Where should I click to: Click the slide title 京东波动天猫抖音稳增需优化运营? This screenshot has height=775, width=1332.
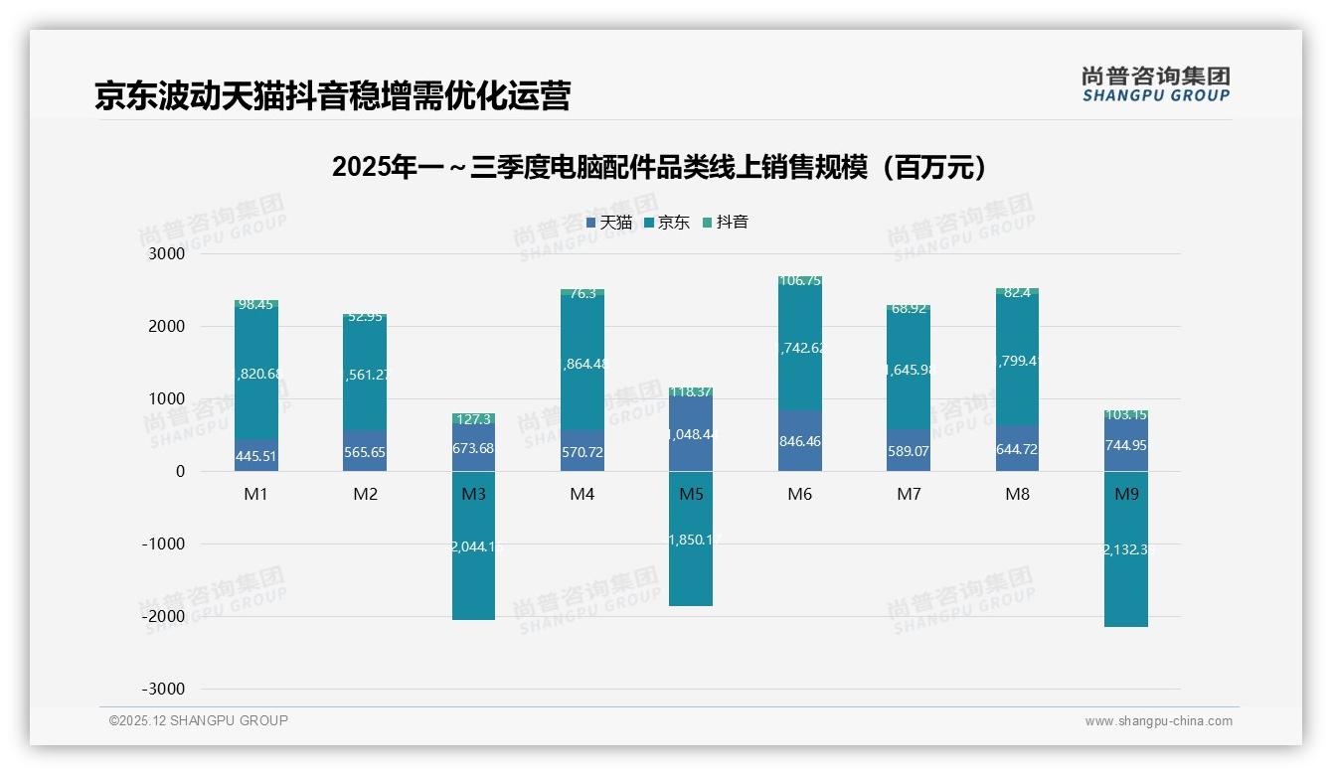click(332, 95)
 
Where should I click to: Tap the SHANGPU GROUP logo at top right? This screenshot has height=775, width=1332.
click(1155, 84)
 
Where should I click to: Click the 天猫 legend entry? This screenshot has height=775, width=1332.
click(609, 223)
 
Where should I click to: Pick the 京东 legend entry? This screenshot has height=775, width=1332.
click(667, 223)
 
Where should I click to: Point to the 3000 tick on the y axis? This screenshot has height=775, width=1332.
click(167, 254)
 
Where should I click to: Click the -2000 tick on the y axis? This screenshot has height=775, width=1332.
click(164, 617)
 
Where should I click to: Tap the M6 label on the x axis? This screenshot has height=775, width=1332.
click(799, 495)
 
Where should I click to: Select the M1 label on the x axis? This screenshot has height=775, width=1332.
click(256, 495)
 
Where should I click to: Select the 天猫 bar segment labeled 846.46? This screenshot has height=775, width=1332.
click(800, 441)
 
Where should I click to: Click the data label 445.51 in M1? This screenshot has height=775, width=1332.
click(256, 457)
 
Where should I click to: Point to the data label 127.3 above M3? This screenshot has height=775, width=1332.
click(474, 419)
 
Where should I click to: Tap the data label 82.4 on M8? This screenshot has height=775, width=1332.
click(1018, 292)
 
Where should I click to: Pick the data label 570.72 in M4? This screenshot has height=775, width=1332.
click(583, 452)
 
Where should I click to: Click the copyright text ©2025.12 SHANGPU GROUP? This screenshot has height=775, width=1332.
click(199, 721)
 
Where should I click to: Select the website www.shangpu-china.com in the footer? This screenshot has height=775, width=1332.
click(1158, 721)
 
